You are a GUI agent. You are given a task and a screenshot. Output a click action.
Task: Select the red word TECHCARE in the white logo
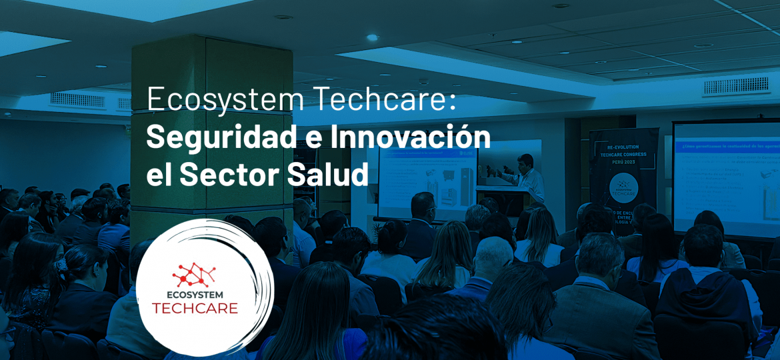point(195,309)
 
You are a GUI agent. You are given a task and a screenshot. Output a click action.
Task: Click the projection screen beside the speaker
point(427,183)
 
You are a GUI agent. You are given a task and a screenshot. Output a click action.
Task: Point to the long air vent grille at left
point(78,100)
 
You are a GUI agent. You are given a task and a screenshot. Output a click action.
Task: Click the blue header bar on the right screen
point(727,145)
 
